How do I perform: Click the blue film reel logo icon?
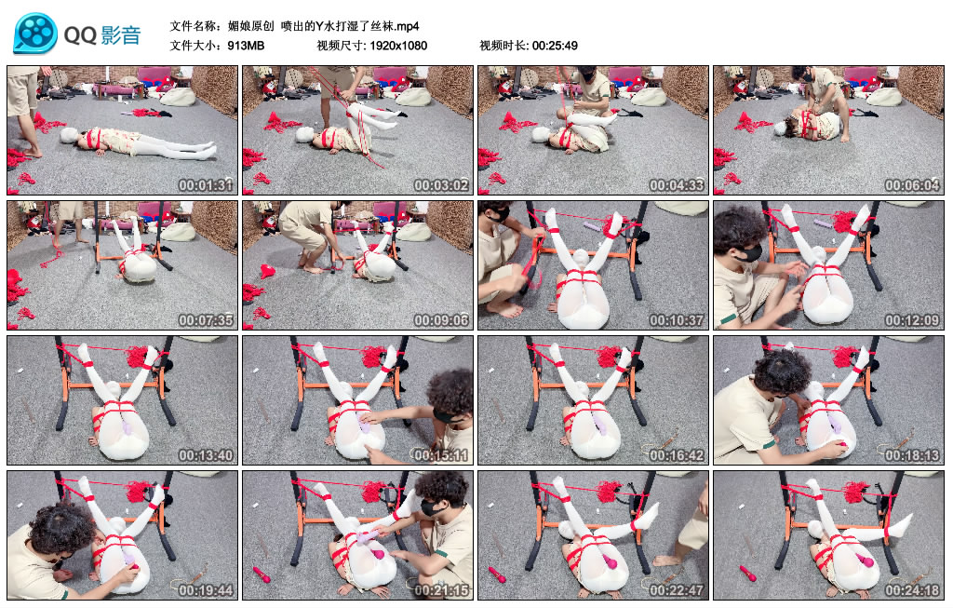click(x=35, y=33)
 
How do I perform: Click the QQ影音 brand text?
click(x=102, y=35)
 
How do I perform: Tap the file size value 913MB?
click(x=246, y=46)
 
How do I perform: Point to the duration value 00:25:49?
click(x=555, y=46)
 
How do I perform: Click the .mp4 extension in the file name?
click(x=408, y=26)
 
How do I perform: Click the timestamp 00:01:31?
click(x=206, y=185)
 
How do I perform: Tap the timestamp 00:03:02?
click(x=441, y=185)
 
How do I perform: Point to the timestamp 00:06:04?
click(x=912, y=185)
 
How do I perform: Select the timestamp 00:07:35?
click(x=206, y=319)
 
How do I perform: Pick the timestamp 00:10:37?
click(x=677, y=319)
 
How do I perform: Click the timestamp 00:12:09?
click(x=912, y=319)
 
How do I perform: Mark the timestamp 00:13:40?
click(x=206, y=454)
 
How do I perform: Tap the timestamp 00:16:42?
click(x=677, y=454)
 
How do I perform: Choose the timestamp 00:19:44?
click(x=206, y=589)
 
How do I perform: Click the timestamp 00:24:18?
click(x=912, y=589)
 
